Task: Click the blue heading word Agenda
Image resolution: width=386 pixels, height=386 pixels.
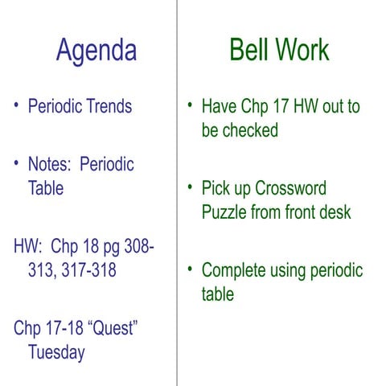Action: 96,51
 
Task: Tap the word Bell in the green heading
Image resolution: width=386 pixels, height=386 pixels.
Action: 249,50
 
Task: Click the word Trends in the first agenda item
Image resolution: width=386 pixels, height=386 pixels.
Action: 106,106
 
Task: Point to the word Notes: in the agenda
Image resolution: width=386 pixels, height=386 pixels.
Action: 50,165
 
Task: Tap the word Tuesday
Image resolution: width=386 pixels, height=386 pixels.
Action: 56,353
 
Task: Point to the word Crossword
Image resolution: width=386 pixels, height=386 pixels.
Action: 290,189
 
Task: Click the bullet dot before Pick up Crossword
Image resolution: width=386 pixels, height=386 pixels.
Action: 189,188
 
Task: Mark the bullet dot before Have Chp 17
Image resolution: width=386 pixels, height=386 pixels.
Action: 189,105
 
